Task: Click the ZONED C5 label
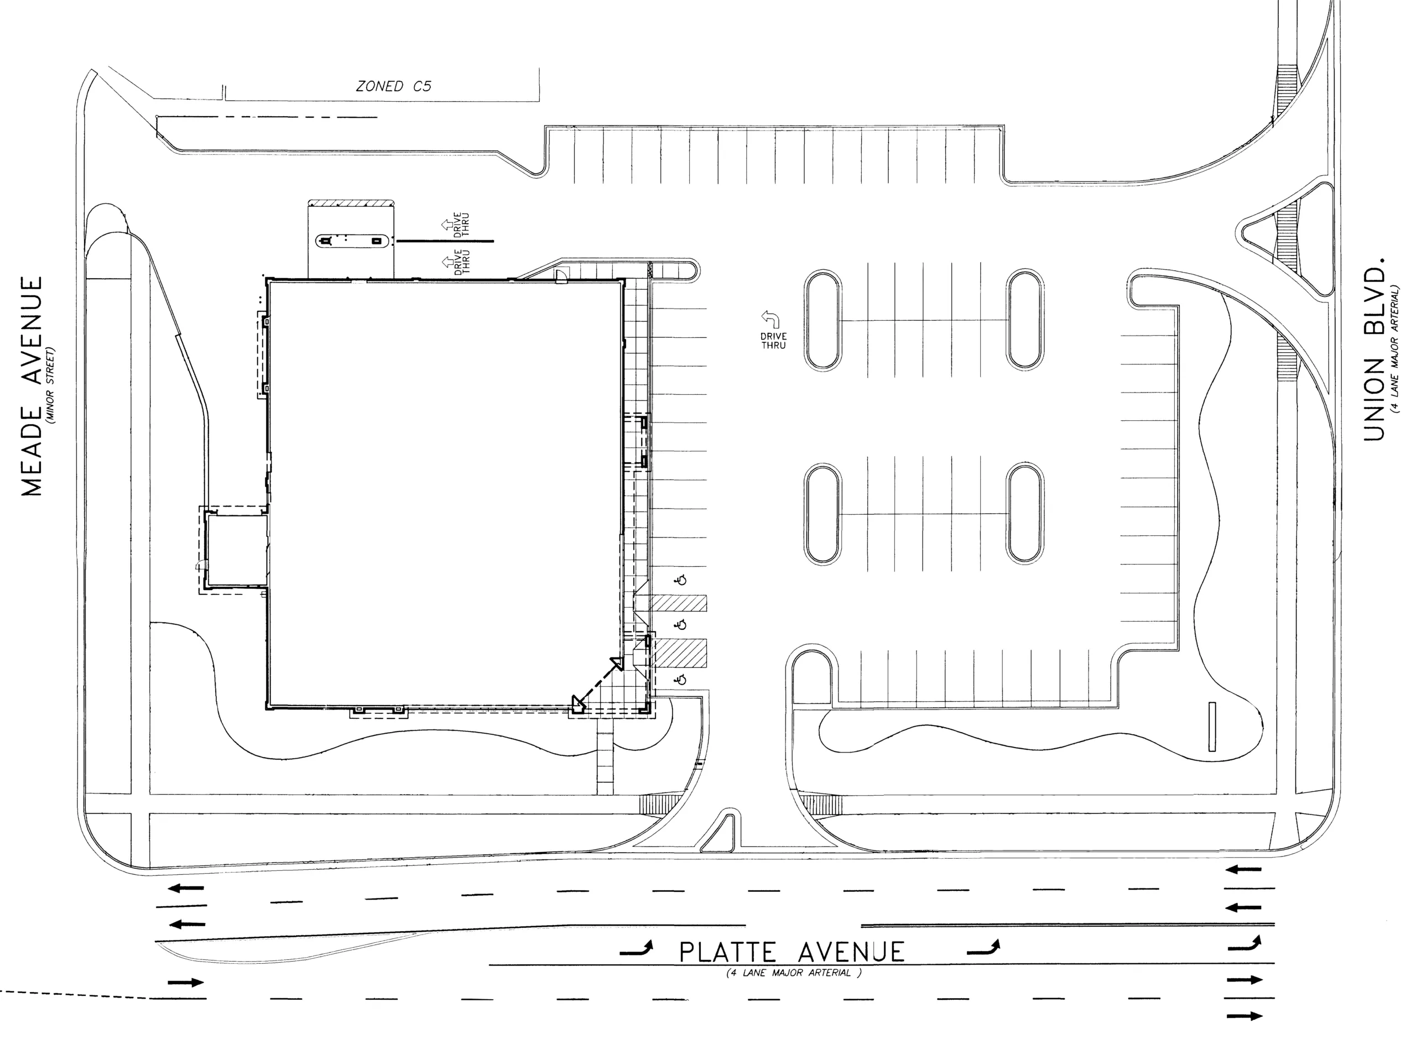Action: click(x=394, y=86)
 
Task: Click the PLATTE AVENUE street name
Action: click(x=792, y=952)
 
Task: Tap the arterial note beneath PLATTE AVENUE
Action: click(x=793, y=973)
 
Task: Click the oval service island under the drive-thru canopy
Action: click(x=350, y=240)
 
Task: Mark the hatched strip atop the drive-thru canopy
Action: click(x=351, y=204)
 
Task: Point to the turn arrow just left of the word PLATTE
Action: click(x=637, y=949)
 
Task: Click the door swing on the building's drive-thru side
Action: click(x=560, y=275)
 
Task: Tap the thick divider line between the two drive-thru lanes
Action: click(x=444, y=241)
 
